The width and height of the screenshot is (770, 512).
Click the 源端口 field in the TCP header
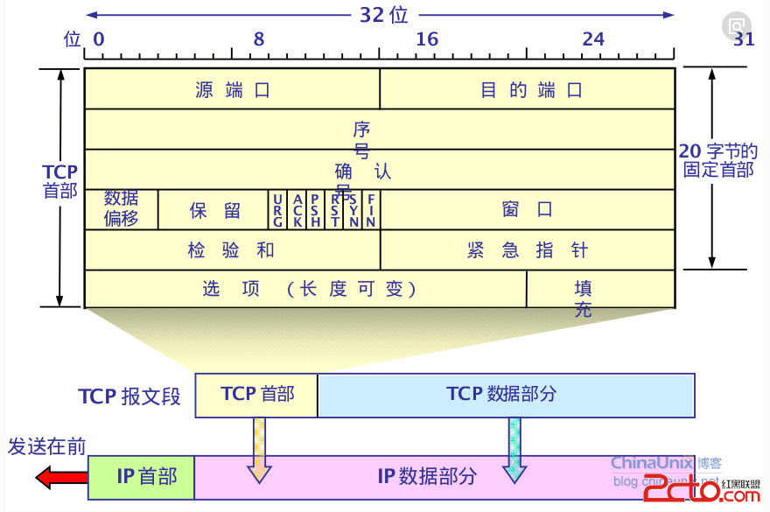pos(232,89)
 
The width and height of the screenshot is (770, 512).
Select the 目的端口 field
pos(528,89)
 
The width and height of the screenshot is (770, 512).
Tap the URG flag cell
pos(277,210)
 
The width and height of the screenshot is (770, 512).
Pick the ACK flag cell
pos(297,210)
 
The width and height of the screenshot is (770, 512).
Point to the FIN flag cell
pos(371,210)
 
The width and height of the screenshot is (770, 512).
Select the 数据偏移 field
pos(122,209)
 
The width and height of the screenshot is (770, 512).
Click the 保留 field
pos(213,210)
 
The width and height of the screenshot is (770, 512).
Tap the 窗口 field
pos(528,210)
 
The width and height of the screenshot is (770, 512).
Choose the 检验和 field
pos(232,250)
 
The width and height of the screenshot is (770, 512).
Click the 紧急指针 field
pos(528,250)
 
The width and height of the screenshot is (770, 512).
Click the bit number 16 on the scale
pos(427,39)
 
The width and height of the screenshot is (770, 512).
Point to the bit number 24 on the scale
pos(593,39)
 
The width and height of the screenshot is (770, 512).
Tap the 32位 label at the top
pos(383,15)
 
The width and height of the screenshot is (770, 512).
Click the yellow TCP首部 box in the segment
pos(256,395)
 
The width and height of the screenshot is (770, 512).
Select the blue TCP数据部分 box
pos(506,395)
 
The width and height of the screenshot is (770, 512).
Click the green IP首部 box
pos(141,477)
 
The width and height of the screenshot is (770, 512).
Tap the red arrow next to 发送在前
pos(60,478)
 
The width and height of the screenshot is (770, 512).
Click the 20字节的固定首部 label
pos(718,161)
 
